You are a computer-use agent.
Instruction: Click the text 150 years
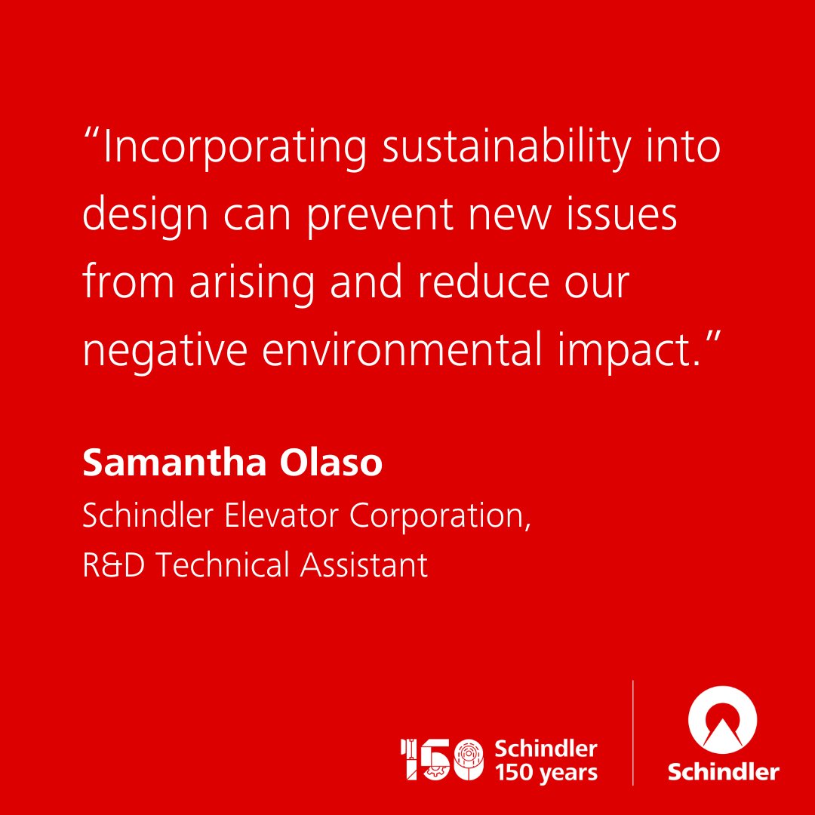546,772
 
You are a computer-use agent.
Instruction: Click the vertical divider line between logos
632,732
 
